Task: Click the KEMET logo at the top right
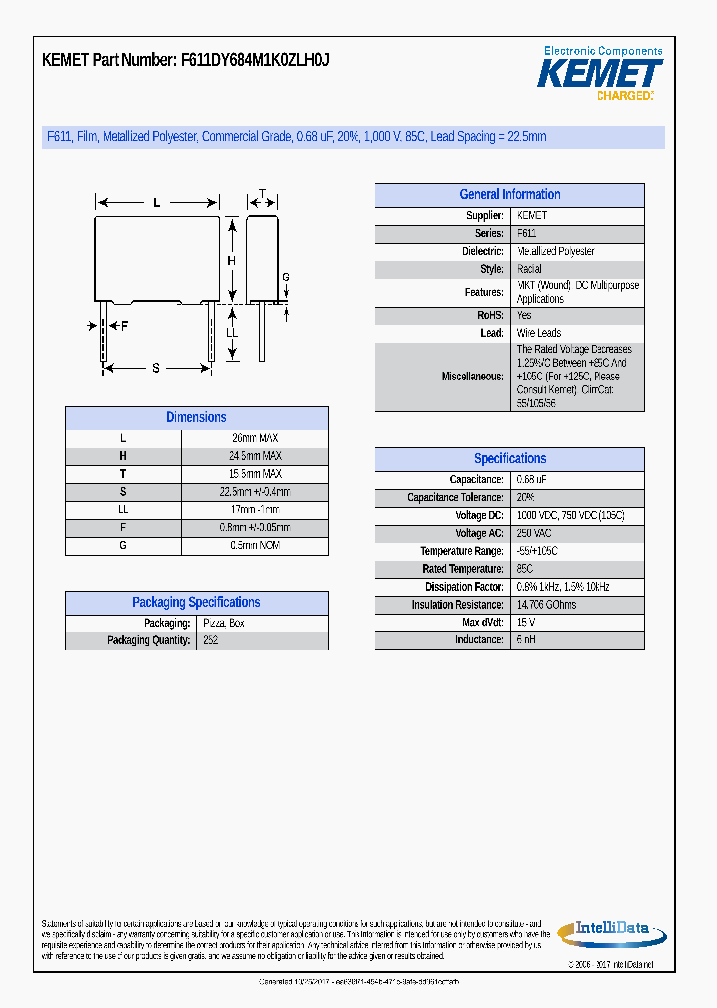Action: [599, 73]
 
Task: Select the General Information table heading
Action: [509, 195]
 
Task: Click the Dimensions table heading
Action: [196, 418]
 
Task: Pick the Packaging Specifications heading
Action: [196, 603]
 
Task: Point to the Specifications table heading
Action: [509, 459]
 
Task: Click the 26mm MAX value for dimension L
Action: [255, 438]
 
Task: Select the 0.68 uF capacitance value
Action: [532, 480]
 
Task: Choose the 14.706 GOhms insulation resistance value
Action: [546, 605]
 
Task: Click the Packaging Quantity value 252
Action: [210, 640]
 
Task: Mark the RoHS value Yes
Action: [524, 315]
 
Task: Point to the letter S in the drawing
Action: [156, 369]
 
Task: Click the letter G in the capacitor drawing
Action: [286, 277]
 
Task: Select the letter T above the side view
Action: [262, 194]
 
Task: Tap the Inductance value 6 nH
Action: [526, 640]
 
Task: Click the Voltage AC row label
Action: [480, 534]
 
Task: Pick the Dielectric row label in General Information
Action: [483, 252]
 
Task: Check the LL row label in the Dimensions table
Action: [123, 510]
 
